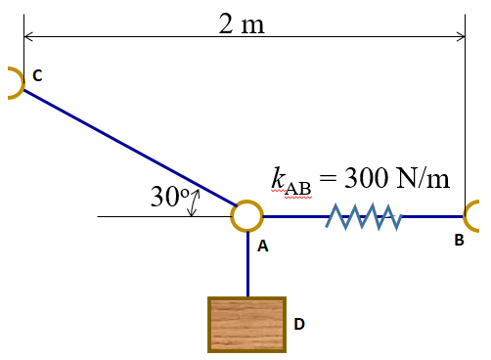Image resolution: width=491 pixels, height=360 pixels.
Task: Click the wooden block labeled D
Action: click(247, 324)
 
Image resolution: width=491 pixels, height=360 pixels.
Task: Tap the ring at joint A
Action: click(247, 216)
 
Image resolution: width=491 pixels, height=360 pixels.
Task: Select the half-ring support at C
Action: click(12, 83)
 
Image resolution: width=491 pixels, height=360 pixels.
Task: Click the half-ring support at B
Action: click(476, 216)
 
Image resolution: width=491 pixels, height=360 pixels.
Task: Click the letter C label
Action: click(38, 74)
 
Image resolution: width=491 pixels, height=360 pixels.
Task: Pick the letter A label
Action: click(262, 247)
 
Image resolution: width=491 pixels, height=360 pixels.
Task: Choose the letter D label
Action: click(300, 322)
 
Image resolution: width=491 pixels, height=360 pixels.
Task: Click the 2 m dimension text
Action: click(242, 23)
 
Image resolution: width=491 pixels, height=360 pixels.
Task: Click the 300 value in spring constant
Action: click(368, 179)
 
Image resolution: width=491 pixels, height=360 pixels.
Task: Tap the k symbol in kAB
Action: click(279, 179)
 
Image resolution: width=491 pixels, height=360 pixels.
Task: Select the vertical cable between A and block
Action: click(247, 263)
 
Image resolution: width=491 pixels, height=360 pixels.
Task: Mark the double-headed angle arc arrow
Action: click(195, 202)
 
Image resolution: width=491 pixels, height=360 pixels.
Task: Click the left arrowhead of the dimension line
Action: click(28, 37)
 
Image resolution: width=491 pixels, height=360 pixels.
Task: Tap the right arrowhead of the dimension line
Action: click(461, 37)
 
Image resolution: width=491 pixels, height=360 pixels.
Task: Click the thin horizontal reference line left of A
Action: click(147, 216)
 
